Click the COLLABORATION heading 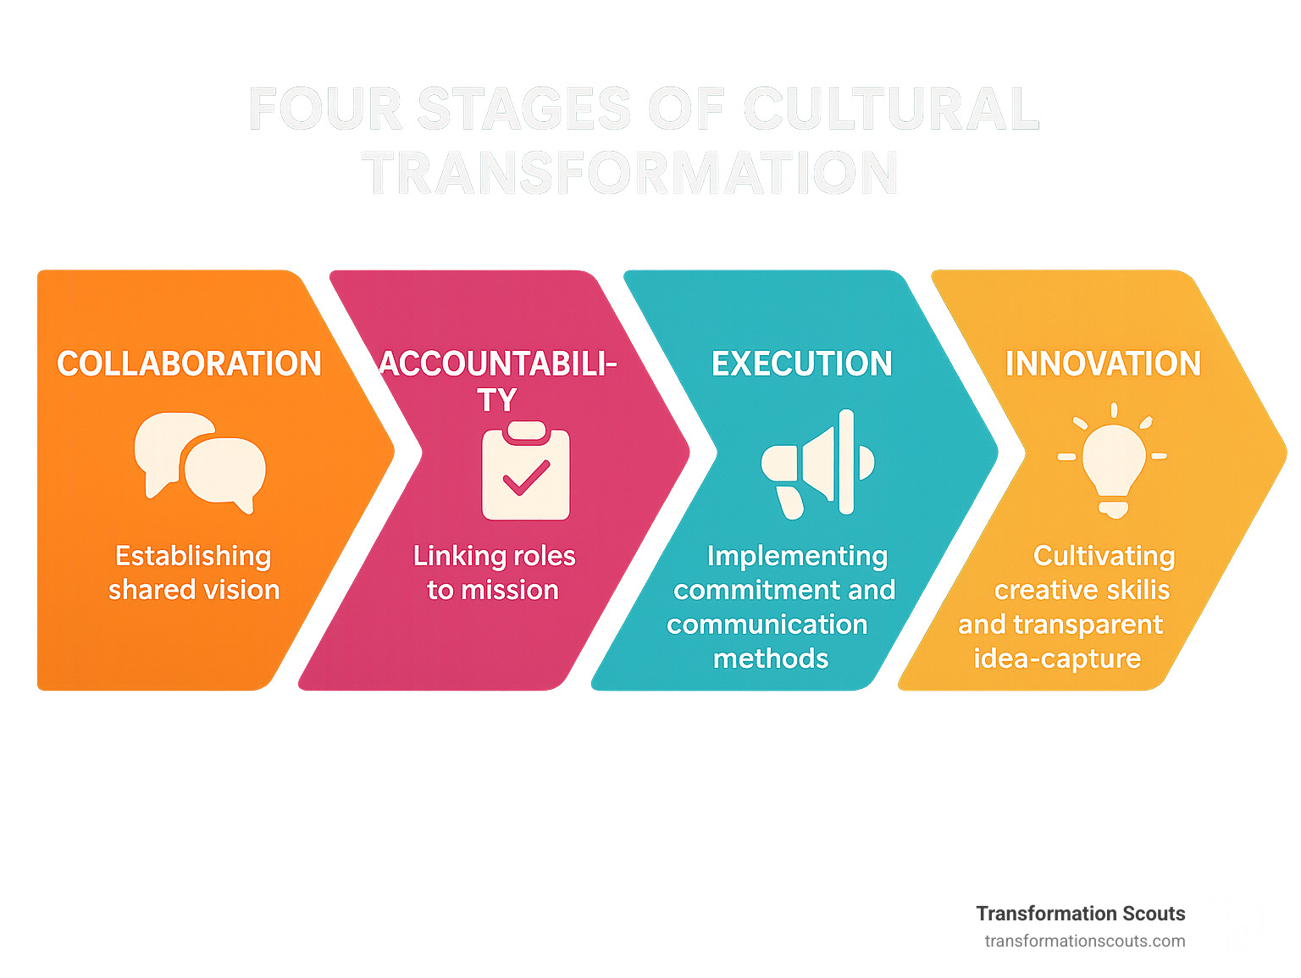coord(189,364)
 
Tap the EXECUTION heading coord(801,364)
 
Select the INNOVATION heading coord(1103,364)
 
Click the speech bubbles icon coord(201,463)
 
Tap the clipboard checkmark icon coord(525,471)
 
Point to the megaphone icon coord(818,464)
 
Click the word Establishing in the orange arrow coord(193,557)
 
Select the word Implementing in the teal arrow coord(797,557)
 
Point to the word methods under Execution coord(771,658)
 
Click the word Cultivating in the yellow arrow coord(1104,557)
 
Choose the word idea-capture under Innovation coord(1057,658)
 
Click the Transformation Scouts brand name coord(1080,914)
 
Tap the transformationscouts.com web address coord(1085,941)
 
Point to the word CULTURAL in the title coord(890,109)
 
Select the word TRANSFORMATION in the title coord(629,174)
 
